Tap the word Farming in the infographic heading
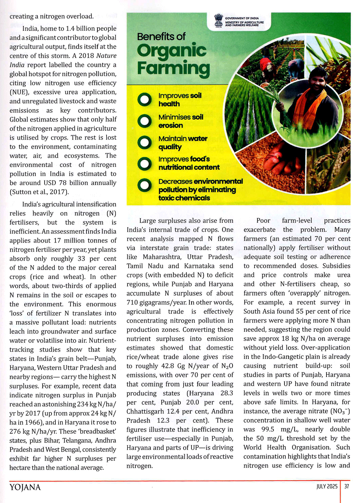click(173, 68)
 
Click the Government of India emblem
click(218, 20)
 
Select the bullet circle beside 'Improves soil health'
click(144, 100)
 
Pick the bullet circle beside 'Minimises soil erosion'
click(144, 121)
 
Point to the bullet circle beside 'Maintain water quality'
click(144, 143)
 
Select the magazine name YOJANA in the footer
click(25, 488)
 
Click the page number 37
click(346, 486)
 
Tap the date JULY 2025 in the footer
click(327, 486)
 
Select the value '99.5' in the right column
click(267, 429)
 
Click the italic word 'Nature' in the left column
click(107, 56)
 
